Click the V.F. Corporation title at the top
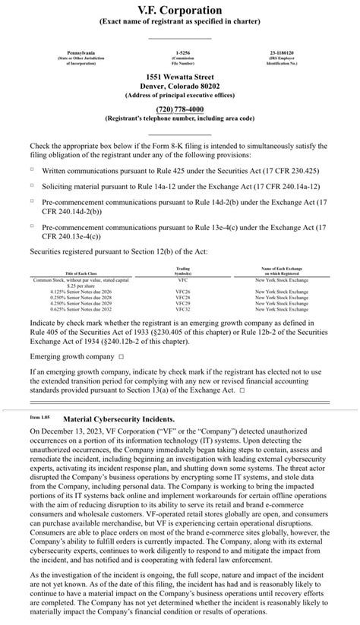(180, 10)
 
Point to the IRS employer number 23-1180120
(281, 52)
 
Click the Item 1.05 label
(39, 418)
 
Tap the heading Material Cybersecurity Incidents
(118, 418)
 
